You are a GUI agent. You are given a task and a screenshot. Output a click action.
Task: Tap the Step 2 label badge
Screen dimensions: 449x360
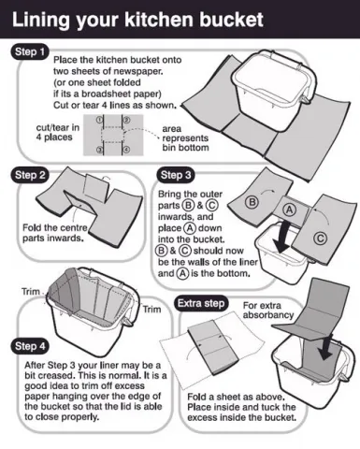tap(31, 175)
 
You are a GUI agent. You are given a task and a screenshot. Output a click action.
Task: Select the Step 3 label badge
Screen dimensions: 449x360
tap(177, 175)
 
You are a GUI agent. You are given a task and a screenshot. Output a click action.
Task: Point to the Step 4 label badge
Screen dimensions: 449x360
tap(31, 347)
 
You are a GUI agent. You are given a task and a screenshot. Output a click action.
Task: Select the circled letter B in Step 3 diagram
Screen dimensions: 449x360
tap(251, 200)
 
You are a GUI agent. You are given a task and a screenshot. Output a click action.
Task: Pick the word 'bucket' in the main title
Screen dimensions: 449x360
tap(229, 18)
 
